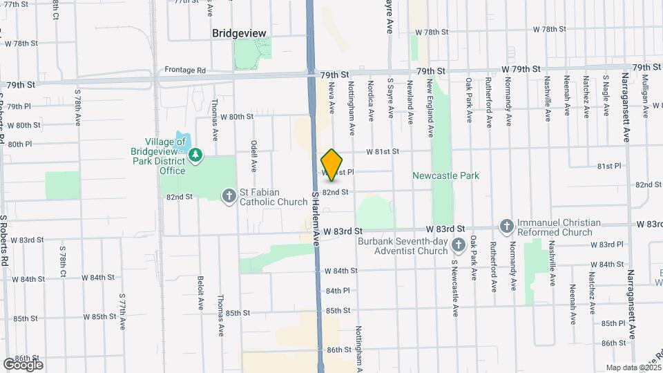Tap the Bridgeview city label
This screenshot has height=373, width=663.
point(239,33)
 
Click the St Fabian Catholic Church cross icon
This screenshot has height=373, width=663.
point(229,197)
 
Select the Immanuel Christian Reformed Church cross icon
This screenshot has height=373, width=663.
point(506,227)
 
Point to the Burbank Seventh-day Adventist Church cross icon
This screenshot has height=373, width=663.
point(457,245)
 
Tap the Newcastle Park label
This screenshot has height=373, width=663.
point(445,175)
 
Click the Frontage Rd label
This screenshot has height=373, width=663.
point(185,70)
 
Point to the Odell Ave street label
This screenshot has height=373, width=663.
point(253,155)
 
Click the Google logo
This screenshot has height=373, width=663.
point(22,364)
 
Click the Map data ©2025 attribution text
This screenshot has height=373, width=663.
point(633,367)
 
